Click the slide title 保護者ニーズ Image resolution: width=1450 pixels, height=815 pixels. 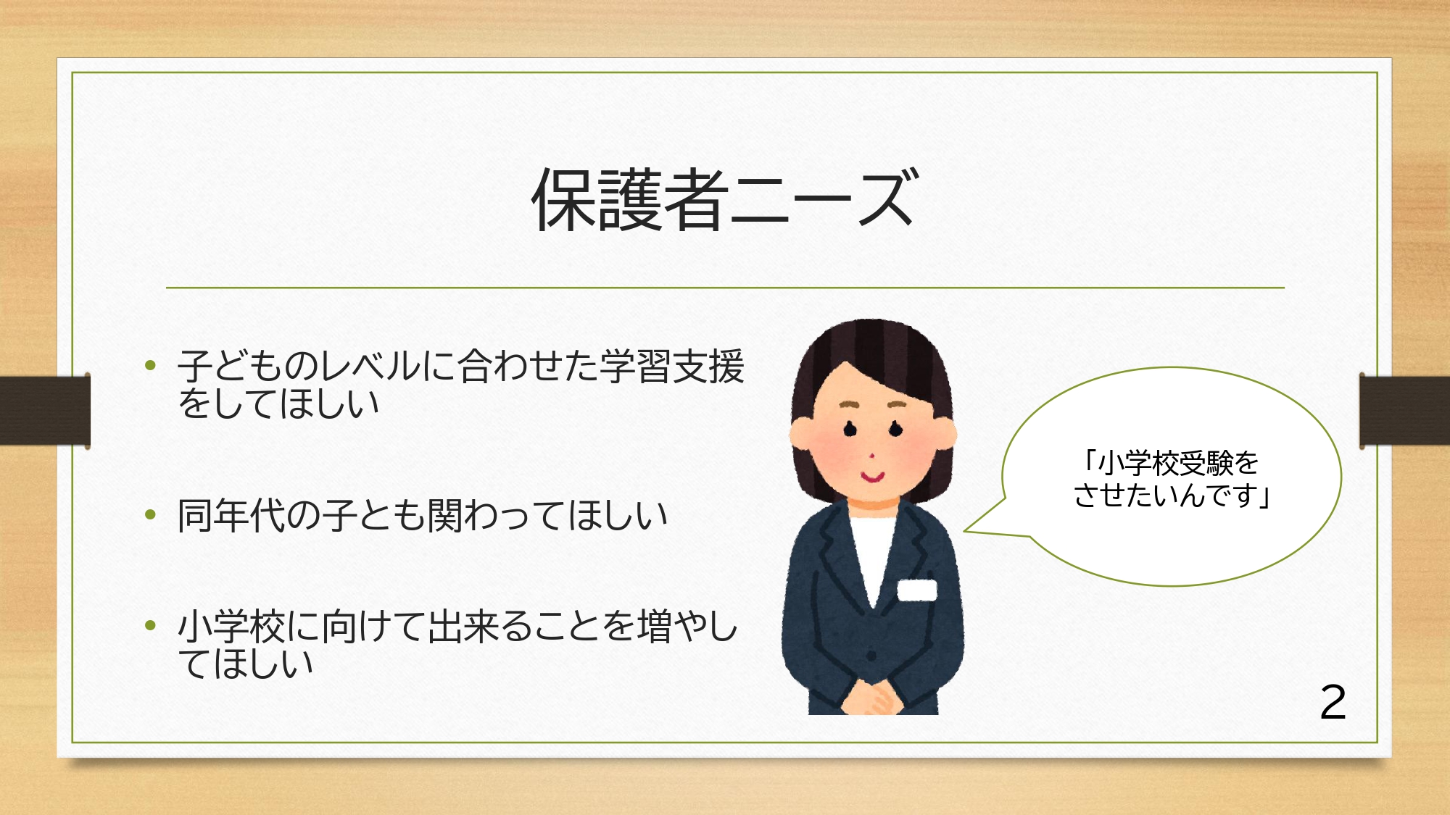[x=726, y=200]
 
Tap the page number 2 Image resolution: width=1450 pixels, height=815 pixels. [x=1333, y=702]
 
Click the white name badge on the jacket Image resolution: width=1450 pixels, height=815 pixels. [x=917, y=590]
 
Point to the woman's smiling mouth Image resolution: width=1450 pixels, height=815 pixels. [x=872, y=477]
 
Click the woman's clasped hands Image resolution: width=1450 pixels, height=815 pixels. [x=871, y=696]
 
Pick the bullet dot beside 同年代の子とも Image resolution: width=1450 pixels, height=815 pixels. [x=150, y=515]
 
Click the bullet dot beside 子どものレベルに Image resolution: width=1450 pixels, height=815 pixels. [x=150, y=365]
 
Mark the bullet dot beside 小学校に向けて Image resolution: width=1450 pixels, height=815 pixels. [x=150, y=625]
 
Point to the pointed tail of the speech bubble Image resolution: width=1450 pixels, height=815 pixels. [x=965, y=531]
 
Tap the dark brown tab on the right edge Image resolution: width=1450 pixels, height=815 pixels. [x=1404, y=410]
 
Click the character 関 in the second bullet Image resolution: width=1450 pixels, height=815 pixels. [x=444, y=515]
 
